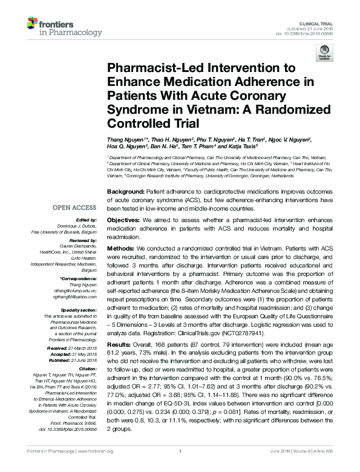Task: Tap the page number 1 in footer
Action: pyautogui.click(x=180, y=468)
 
